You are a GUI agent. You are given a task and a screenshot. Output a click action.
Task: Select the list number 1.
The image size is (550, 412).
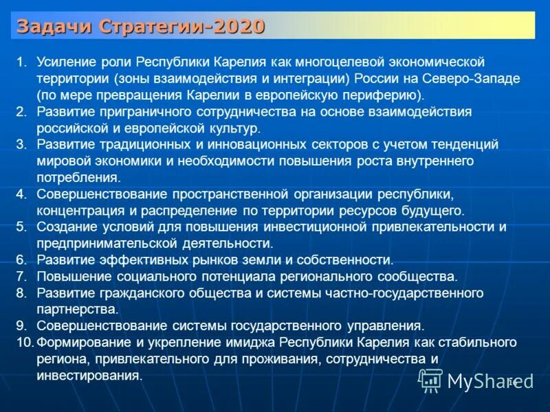[x=21, y=62]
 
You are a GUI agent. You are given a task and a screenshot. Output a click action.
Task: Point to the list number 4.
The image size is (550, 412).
[x=21, y=194]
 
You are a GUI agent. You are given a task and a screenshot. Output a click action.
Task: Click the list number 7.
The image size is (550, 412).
[x=21, y=277]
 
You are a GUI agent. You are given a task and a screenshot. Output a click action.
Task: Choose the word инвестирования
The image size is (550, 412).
[x=90, y=376]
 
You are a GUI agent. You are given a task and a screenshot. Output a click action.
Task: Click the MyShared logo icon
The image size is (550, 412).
[x=431, y=378]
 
